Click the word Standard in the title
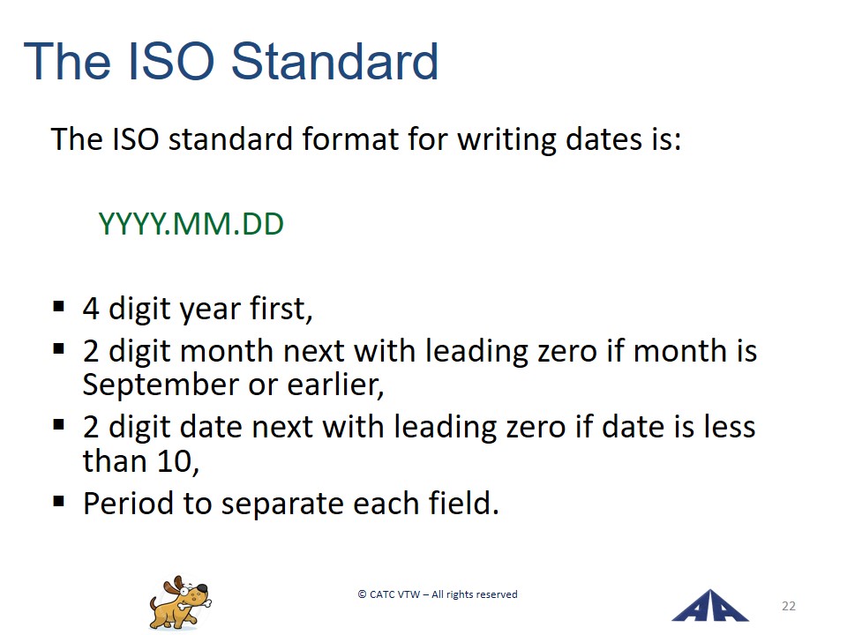pyautogui.click(x=334, y=61)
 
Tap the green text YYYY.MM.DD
pyautogui.click(x=191, y=224)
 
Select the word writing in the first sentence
pyautogui.click(x=506, y=140)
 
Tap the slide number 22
pyautogui.click(x=788, y=606)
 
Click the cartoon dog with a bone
pyautogui.click(x=180, y=602)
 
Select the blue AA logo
pyautogui.click(x=709, y=606)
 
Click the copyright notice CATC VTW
pyautogui.click(x=438, y=594)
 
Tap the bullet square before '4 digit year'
pyautogui.click(x=59, y=307)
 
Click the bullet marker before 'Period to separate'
pyautogui.click(x=59, y=502)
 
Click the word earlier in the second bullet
pyautogui.click(x=335, y=385)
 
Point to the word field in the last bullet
pyautogui.click(x=463, y=504)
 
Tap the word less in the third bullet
pyautogui.click(x=730, y=427)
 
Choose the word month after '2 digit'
pyautogui.click(x=227, y=352)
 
